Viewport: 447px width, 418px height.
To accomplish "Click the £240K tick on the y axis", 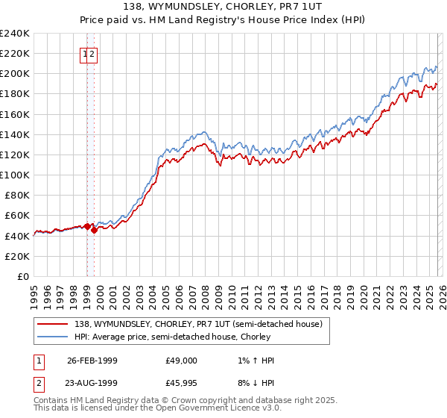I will point(15,34).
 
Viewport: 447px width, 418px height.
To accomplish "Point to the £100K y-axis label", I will point(15,175).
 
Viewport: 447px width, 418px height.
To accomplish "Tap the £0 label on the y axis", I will point(23,276).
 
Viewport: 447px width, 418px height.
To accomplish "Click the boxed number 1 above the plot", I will point(84,54).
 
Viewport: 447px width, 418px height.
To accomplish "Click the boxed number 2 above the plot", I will point(92,54).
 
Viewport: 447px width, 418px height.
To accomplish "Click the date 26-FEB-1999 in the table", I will point(92,361).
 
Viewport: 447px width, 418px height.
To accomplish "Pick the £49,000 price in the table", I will point(182,361).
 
